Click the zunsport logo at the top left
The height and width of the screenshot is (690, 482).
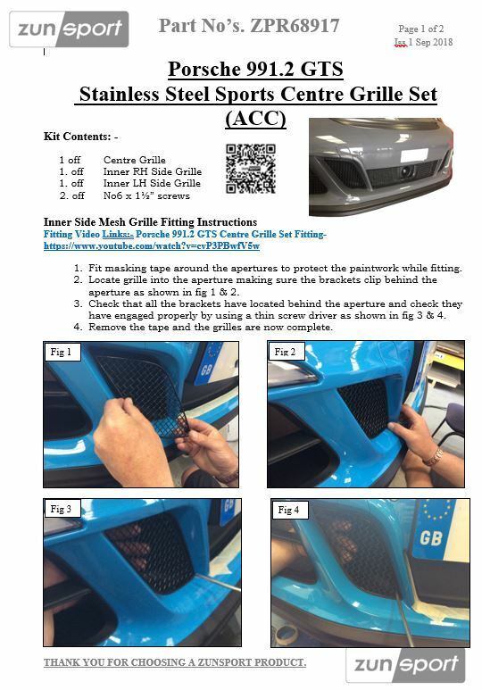pos(69,29)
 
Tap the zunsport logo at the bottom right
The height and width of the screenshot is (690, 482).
pos(405,665)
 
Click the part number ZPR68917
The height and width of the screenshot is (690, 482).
pos(295,26)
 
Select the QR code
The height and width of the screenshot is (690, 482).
pos(251,169)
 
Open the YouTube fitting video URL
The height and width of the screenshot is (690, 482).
pos(152,246)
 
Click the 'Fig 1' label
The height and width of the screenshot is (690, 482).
pos(61,352)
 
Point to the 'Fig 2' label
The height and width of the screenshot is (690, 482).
pos(285,352)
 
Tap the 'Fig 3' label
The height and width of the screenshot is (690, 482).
pos(61,509)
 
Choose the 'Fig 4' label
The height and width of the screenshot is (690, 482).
pos(288,510)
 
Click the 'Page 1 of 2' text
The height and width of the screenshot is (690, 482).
pos(420,29)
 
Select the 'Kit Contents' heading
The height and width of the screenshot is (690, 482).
pos(80,137)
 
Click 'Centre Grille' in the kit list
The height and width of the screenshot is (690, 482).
pos(135,160)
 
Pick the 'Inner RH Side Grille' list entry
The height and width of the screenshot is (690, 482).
pos(153,171)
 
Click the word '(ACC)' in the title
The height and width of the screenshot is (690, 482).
pos(255,119)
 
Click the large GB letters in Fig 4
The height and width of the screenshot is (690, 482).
pos(431,537)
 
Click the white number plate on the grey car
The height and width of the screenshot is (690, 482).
pos(414,155)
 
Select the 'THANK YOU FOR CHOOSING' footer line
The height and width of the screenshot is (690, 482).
pos(175,662)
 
